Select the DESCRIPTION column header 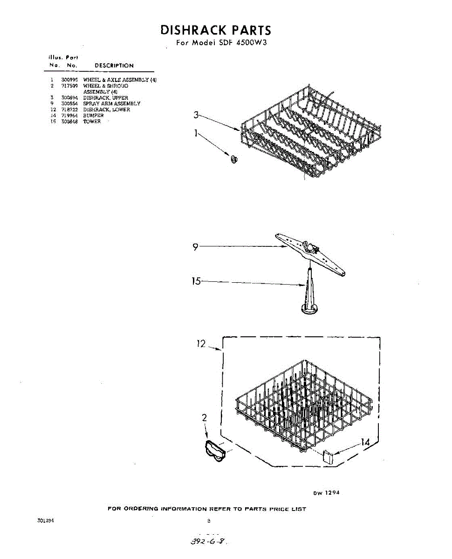pyautogui.click(x=114, y=66)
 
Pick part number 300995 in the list pyautogui.click(x=69, y=80)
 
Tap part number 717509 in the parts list pyautogui.click(x=69, y=86)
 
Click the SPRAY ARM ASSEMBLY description pyautogui.click(x=112, y=104)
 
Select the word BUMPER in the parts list pyautogui.click(x=93, y=116)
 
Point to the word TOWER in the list pyautogui.click(x=92, y=122)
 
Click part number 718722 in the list pyautogui.click(x=69, y=110)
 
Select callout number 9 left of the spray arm pyautogui.click(x=196, y=248)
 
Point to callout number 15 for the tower pyautogui.click(x=196, y=281)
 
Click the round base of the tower pyautogui.click(x=309, y=309)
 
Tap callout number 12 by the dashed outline pyautogui.click(x=201, y=344)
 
